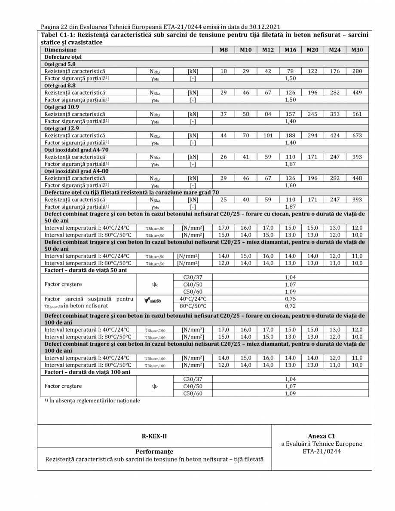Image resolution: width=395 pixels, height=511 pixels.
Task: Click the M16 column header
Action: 290,50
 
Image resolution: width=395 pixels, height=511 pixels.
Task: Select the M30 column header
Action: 357,50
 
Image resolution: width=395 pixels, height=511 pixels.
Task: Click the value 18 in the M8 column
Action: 224,70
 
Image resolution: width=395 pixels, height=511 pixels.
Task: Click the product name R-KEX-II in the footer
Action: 154,436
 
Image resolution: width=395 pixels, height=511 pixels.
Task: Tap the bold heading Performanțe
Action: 154,452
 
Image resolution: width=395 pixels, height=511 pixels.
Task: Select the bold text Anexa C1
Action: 322,436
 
